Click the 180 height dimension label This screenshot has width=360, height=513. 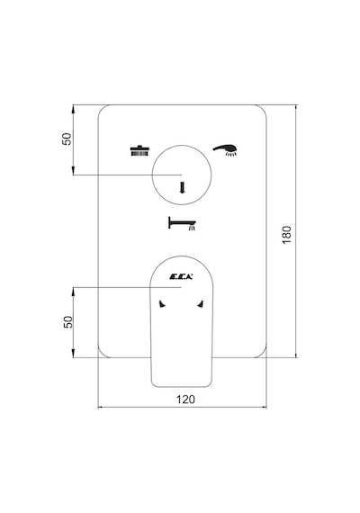coord(286,235)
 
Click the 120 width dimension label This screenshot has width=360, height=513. coord(185,400)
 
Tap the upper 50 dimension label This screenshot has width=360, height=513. coord(67,139)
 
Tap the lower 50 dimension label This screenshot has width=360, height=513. coord(67,322)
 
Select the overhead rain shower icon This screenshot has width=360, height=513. coord(139,150)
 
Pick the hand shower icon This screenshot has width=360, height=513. coord(225,150)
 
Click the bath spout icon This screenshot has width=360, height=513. coord(182,223)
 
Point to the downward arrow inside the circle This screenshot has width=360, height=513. coord(183,187)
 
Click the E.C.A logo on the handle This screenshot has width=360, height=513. coord(181,277)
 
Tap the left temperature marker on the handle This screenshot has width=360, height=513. coord(162,304)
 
